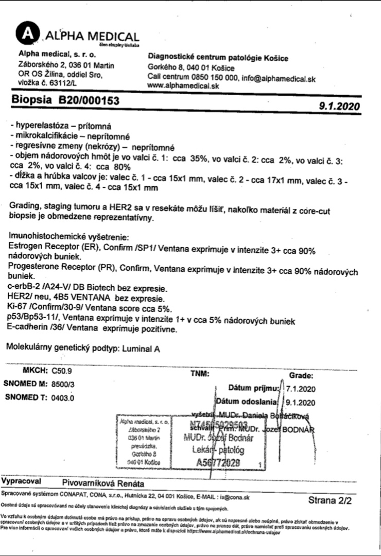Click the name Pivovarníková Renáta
pos(102,484)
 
